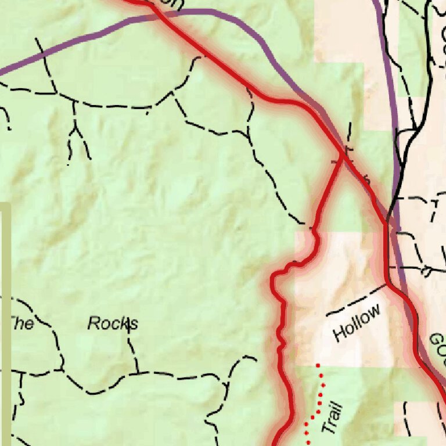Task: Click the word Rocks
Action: [113, 323]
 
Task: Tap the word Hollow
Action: [358, 323]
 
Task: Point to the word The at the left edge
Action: [22, 323]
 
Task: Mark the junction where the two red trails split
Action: [343, 156]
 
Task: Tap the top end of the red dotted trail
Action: [318, 365]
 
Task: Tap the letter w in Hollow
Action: [375, 311]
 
